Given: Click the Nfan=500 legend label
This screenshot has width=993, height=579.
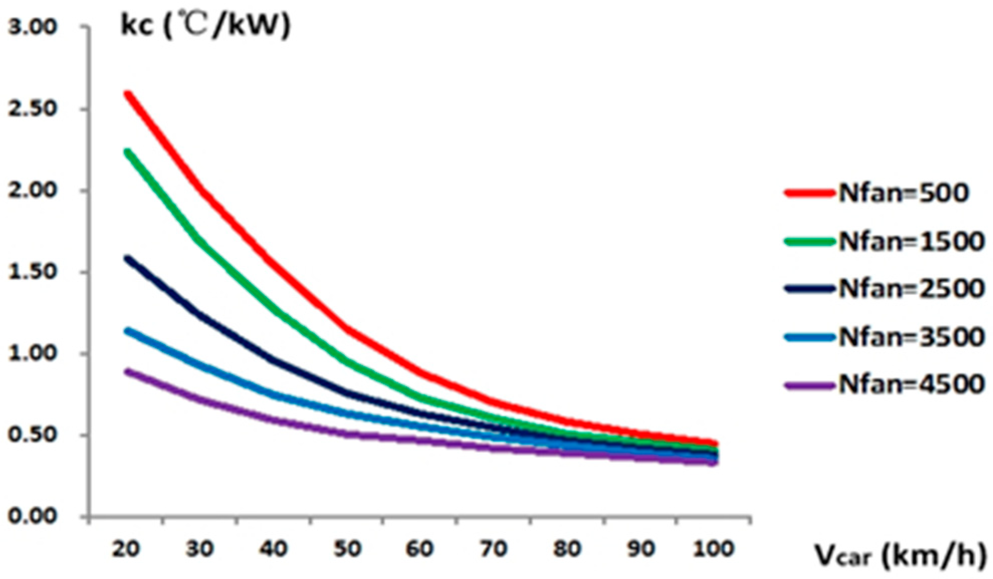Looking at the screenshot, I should coord(903,193).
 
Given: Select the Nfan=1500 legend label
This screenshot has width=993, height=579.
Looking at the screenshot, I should coord(911,241).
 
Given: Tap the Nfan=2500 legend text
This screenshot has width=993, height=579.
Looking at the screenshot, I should coord(911,289).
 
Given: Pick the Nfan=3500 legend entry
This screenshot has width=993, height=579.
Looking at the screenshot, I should coord(911,337).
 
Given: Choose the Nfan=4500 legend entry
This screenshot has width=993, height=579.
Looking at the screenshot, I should coord(911,384).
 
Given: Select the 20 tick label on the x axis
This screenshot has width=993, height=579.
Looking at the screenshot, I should coord(126,549).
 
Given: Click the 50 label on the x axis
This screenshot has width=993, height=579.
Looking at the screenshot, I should coord(347,549).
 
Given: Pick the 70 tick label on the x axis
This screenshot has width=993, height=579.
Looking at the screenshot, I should coord(494,549).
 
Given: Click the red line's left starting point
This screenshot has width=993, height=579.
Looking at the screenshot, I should coord(128,94).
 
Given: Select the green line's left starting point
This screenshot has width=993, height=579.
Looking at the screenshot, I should coord(128,152).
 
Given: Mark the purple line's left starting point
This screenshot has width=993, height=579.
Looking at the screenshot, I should coord(128,372).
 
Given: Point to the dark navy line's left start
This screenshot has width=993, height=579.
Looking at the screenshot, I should coord(128,259).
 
